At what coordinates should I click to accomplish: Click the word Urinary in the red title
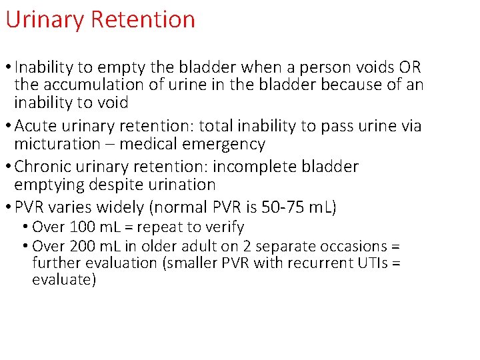click(x=45, y=20)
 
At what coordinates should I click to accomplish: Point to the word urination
click(x=177, y=185)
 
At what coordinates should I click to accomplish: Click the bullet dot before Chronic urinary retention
click(x=9, y=167)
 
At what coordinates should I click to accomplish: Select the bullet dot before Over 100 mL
click(x=25, y=227)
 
